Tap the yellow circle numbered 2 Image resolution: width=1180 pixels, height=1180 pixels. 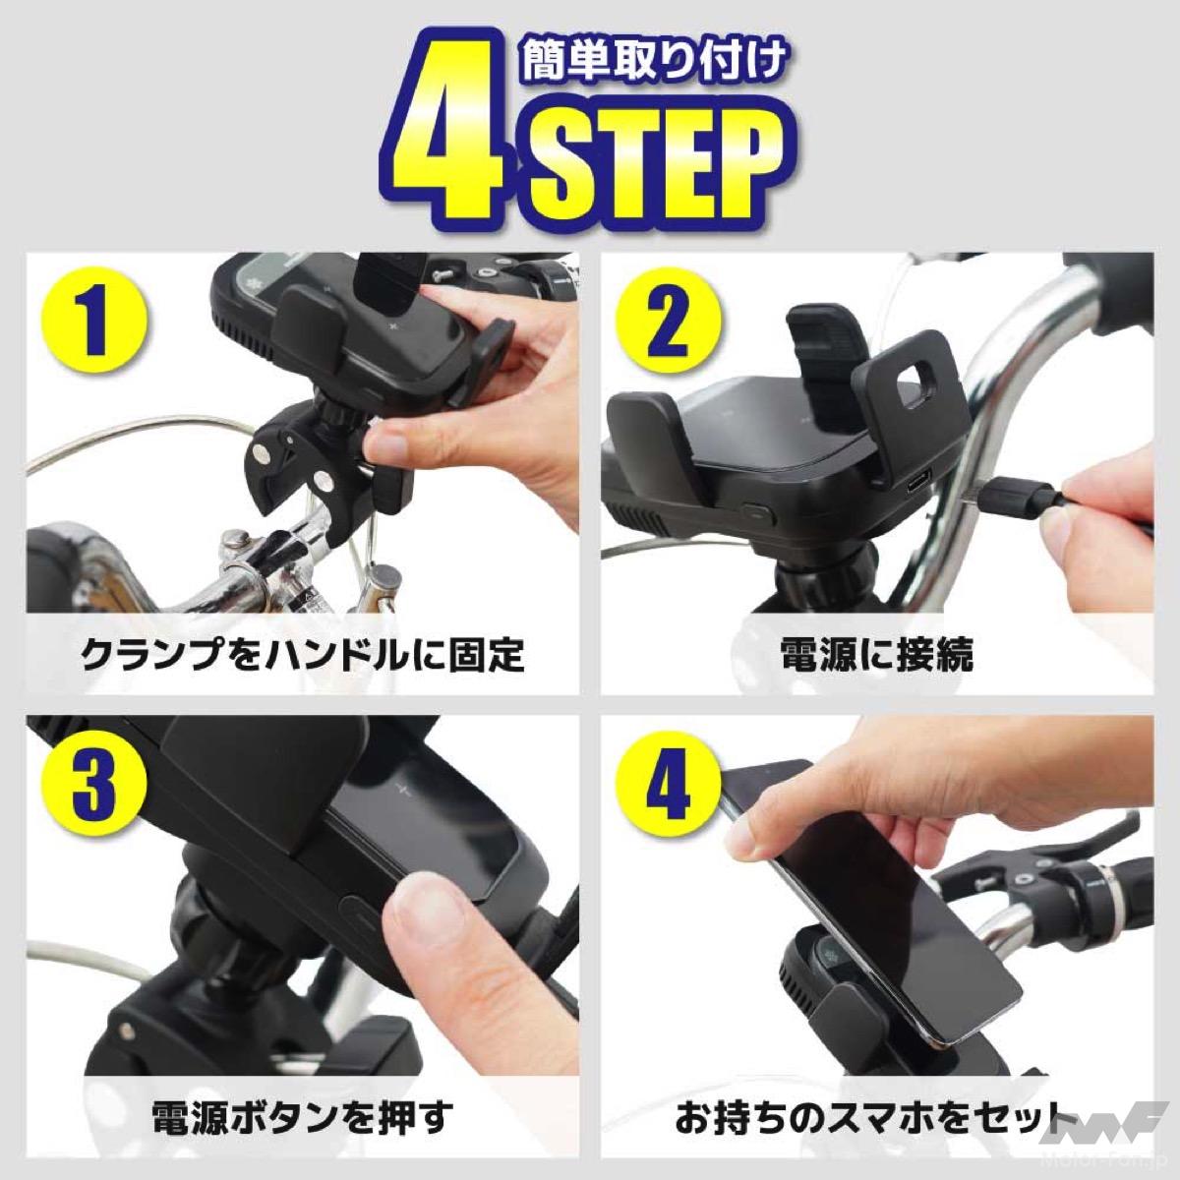(x=670, y=323)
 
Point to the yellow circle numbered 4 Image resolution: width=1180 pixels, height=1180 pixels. (x=668, y=786)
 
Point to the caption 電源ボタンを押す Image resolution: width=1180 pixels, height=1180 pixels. (x=303, y=1116)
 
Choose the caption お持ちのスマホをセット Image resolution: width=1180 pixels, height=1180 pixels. (x=867, y=1116)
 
